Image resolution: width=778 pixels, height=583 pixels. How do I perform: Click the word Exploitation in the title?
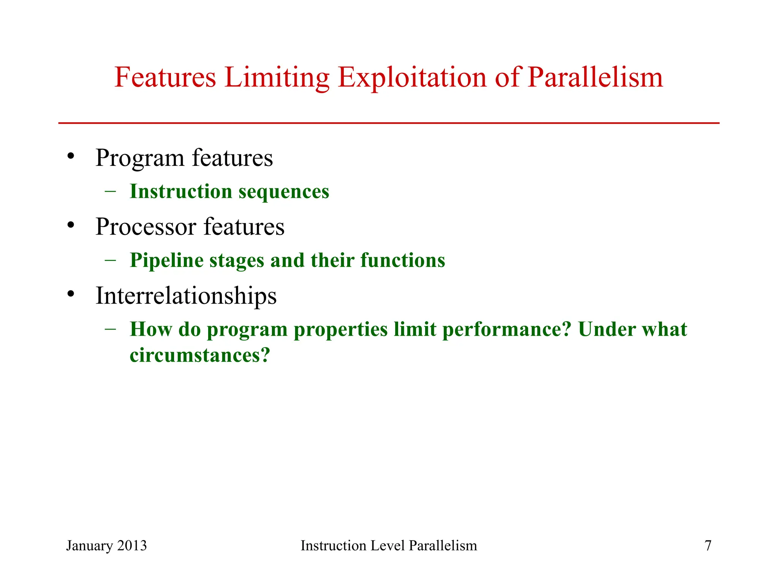pyautogui.click(x=412, y=78)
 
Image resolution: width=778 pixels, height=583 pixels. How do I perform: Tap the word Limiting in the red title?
pyautogui.click(x=277, y=78)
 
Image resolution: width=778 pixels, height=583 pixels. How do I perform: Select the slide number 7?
pyautogui.click(x=708, y=545)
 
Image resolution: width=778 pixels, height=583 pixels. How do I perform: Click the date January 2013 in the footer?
pyautogui.click(x=106, y=545)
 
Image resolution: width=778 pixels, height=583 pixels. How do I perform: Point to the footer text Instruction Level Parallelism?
pyautogui.click(x=389, y=545)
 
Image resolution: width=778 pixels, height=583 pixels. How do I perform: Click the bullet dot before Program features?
pyautogui.click(x=71, y=156)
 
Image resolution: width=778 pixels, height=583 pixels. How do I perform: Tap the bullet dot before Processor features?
pyautogui.click(x=71, y=225)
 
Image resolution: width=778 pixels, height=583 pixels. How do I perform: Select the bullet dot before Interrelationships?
pyautogui.click(x=71, y=294)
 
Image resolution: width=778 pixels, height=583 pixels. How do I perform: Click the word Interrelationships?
pyautogui.click(x=186, y=296)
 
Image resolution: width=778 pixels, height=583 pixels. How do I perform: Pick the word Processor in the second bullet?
pyautogui.click(x=146, y=227)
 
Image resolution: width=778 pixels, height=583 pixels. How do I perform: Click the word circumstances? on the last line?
pyautogui.click(x=200, y=356)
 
